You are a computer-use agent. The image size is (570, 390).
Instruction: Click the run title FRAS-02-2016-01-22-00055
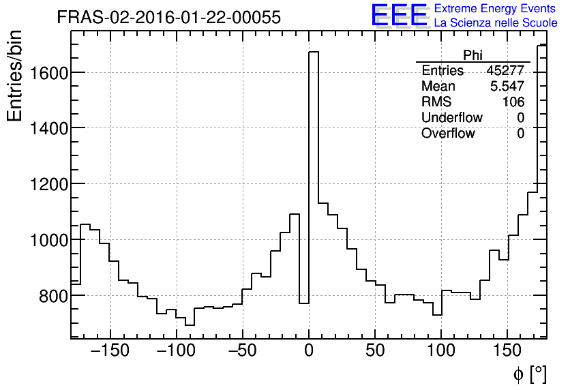coord(168,18)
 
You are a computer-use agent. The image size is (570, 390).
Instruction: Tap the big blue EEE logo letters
coord(399,16)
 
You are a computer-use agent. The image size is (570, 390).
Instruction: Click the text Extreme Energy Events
coord(494,9)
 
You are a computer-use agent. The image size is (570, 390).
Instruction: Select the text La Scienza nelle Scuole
coord(496,23)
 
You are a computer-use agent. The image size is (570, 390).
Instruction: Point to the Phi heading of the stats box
coord(472,55)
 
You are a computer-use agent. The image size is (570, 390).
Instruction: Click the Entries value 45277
coord(505,71)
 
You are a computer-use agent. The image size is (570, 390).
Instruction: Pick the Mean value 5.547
coord(507,87)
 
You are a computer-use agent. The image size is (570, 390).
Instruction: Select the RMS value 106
coord(513,102)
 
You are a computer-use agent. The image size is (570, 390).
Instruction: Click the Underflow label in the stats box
coord(451,118)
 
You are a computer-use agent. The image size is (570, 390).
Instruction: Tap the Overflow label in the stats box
coord(448,134)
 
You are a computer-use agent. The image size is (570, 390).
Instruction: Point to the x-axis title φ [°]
coord(530,374)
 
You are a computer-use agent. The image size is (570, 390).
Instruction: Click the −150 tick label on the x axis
coord(107,351)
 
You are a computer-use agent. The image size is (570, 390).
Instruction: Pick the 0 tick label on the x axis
coord(309,351)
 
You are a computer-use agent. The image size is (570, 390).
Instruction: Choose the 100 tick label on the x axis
coord(441,351)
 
